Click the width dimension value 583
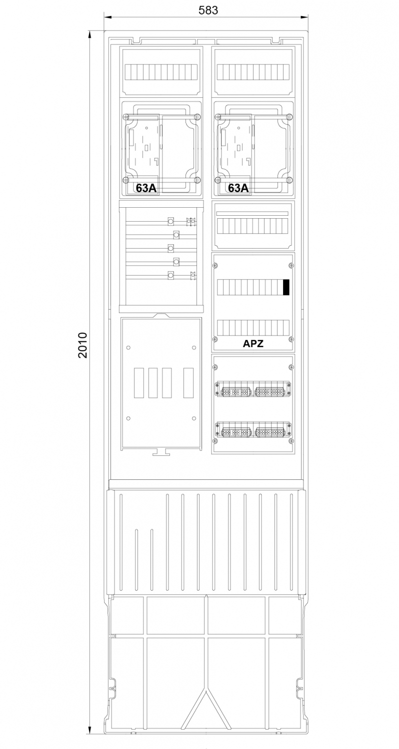(x=208, y=10)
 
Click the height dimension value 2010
(x=82, y=345)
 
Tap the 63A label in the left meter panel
(x=146, y=188)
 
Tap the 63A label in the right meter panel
(x=238, y=188)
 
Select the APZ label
(x=253, y=344)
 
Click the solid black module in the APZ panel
(x=286, y=288)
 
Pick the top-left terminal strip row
(x=161, y=72)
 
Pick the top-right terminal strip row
(x=253, y=72)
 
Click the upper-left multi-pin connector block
(x=236, y=391)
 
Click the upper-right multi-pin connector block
(x=270, y=391)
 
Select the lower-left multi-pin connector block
(x=236, y=432)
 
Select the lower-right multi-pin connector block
(x=270, y=432)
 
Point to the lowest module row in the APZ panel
(x=253, y=328)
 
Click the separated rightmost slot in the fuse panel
(x=188, y=383)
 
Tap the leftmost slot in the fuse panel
(x=139, y=383)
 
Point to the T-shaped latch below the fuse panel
(x=161, y=452)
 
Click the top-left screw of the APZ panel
(x=215, y=266)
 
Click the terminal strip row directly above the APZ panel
(x=253, y=226)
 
